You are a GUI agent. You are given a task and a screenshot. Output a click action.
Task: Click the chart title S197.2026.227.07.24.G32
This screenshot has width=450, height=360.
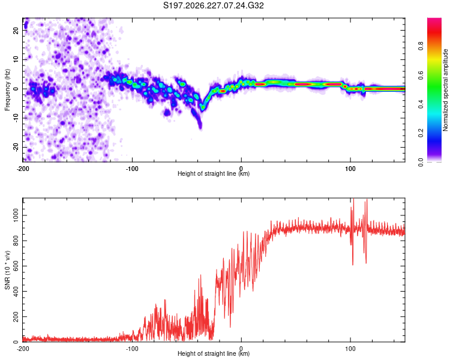pos(213,5)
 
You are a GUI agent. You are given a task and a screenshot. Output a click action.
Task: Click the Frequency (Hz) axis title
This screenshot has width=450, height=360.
pos(7,90)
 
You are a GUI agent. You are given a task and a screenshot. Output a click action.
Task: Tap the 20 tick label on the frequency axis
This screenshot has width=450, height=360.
pos(16,31)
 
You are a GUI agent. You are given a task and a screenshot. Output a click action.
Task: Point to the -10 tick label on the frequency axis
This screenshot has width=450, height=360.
pos(16,118)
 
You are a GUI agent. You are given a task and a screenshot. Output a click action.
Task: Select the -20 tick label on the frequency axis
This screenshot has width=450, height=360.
pos(16,148)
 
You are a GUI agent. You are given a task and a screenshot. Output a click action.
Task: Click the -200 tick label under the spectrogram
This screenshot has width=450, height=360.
pos(23,169)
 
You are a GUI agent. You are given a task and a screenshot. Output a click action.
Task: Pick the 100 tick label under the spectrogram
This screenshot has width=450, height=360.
pos(350,169)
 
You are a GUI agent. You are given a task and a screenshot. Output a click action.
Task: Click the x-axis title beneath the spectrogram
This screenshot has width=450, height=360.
pos(214,173)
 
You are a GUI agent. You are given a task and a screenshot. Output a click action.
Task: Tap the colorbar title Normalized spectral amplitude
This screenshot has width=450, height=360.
pos(445,90)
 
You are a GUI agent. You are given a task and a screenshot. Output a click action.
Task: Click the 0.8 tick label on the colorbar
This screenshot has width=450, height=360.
pos(421,46)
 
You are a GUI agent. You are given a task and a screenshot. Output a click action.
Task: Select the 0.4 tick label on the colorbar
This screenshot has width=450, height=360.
pos(421,104)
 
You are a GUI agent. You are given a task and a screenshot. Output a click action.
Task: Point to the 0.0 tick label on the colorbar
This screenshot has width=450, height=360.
pos(421,162)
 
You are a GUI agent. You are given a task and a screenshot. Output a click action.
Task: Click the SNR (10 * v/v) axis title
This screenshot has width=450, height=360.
pos(7,270)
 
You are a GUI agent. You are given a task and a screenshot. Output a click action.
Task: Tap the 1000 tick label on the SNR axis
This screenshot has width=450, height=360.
pos(16,215)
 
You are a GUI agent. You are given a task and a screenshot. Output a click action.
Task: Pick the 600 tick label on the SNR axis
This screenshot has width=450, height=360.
pos(16,266)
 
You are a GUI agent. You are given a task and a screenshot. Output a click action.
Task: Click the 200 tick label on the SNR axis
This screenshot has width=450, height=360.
pos(16,317)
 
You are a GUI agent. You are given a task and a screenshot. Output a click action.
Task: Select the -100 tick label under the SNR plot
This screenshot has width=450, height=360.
pos(132,349)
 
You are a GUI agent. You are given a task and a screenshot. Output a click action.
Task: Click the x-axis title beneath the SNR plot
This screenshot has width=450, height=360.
pos(214,353)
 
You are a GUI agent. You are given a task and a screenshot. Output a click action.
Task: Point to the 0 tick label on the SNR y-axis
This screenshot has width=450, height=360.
pos(16,342)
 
